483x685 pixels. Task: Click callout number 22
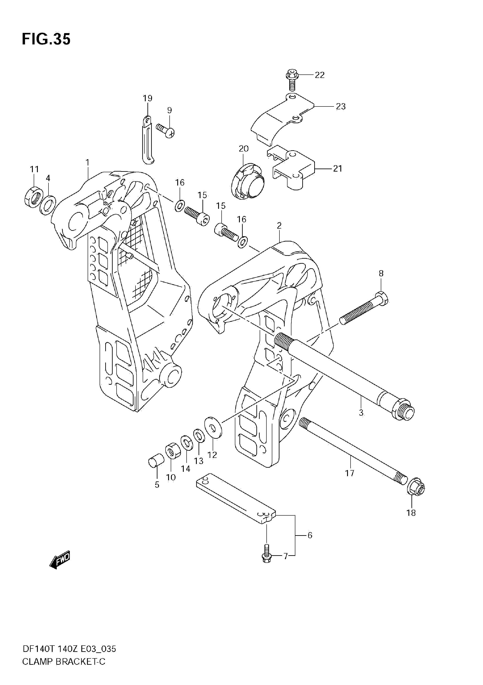tap(319, 75)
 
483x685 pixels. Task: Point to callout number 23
tap(341, 106)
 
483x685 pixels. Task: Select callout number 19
tap(147, 98)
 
